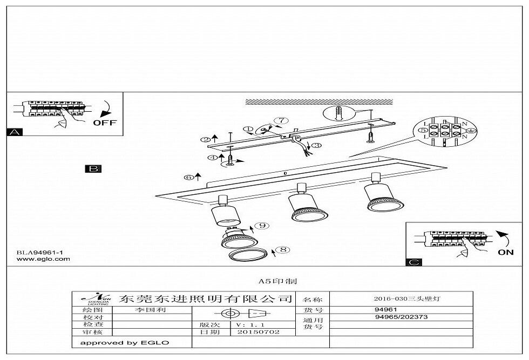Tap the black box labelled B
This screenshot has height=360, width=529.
(x=93, y=169)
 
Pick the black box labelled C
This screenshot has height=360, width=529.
(x=413, y=262)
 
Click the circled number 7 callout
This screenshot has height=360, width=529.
(x=279, y=120)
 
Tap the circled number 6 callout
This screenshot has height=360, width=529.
(x=189, y=177)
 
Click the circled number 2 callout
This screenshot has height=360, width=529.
(x=205, y=140)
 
